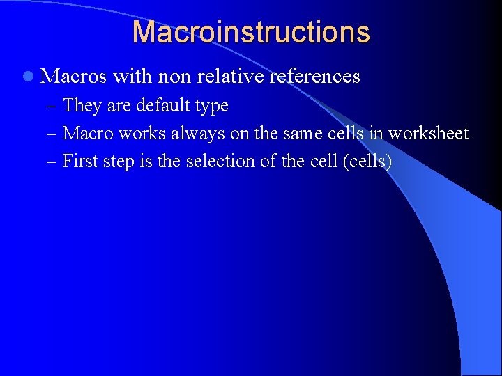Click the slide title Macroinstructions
point(251,32)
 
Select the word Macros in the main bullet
point(73,76)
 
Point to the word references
point(314,76)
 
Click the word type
point(213,107)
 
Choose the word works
point(143,134)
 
